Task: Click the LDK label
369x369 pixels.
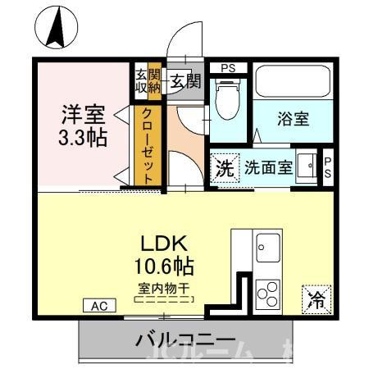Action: [169, 244]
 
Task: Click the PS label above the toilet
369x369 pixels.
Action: [227, 68]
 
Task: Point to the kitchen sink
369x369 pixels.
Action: [268, 245]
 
